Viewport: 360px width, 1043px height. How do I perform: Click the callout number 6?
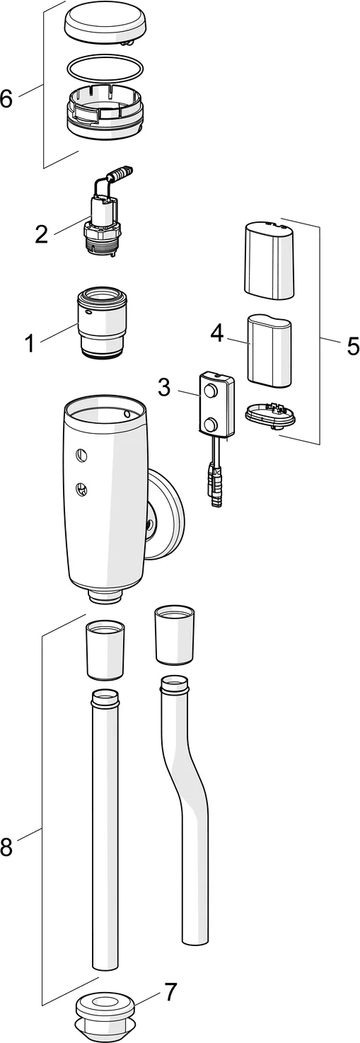point(6,99)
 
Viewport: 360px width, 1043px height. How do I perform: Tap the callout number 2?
point(42,234)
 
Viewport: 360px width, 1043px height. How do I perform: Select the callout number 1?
point(29,344)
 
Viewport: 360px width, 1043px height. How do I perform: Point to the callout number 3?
point(164,386)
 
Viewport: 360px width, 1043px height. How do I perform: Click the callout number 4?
point(216,333)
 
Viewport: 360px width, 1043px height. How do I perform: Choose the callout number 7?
point(171,992)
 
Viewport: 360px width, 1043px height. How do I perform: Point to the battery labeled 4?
point(269,351)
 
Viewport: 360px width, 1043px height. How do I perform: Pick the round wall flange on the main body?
point(166,512)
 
